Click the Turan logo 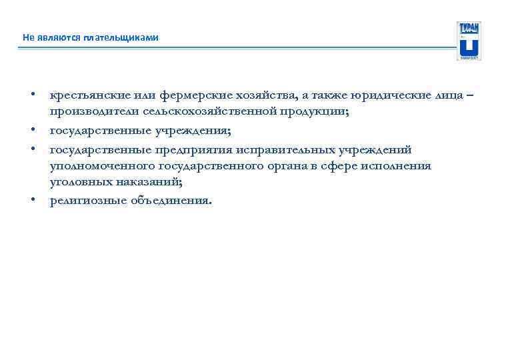coord(469,41)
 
